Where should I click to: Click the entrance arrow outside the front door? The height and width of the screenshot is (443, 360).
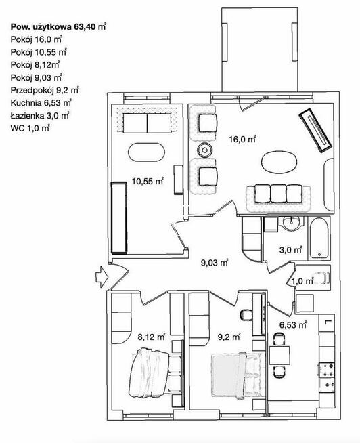(101, 276)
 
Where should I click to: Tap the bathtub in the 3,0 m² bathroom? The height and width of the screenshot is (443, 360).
(319, 238)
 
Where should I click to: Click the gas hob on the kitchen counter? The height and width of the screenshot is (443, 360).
(326, 371)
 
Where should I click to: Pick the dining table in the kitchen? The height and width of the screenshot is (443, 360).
(279, 355)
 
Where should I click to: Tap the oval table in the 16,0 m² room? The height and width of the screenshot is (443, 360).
(279, 162)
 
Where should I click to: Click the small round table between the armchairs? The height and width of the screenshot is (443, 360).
(204, 150)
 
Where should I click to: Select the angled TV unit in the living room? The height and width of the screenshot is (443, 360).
(315, 131)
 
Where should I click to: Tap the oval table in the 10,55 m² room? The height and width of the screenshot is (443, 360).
(146, 152)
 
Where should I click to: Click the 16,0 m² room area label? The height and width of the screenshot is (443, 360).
(242, 140)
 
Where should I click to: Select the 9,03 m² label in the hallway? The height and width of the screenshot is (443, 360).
(215, 263)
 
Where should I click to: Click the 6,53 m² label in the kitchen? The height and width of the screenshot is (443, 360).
(293, 325)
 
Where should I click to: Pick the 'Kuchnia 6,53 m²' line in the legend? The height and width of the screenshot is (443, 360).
(41, 102)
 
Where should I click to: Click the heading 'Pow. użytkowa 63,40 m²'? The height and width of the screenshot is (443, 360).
(58, 27)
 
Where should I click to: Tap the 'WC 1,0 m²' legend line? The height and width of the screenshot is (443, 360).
(30, 128)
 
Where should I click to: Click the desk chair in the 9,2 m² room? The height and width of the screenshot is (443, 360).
(246, 315)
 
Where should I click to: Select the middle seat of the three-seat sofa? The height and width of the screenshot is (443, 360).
(278, 193)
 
